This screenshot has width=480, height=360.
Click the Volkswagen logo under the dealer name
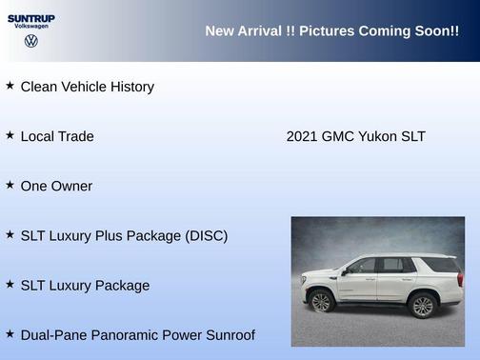pos(31,41)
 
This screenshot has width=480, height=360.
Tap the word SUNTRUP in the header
pos(31,18)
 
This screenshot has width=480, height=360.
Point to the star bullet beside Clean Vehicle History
pos(10,86)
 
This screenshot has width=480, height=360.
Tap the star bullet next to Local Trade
pos(10,135)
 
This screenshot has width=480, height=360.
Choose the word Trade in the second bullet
pos(75,136)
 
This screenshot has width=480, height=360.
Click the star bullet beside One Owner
pos(10,185)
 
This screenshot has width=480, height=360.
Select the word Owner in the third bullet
pos(71,186)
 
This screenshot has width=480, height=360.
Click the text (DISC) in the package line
pos(205,235)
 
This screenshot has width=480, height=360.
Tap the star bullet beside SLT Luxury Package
pos(10,284)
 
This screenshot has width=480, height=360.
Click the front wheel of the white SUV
pos(321,302)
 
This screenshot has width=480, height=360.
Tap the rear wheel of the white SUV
pos(423,305)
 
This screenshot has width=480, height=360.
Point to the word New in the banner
pos(220,31)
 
